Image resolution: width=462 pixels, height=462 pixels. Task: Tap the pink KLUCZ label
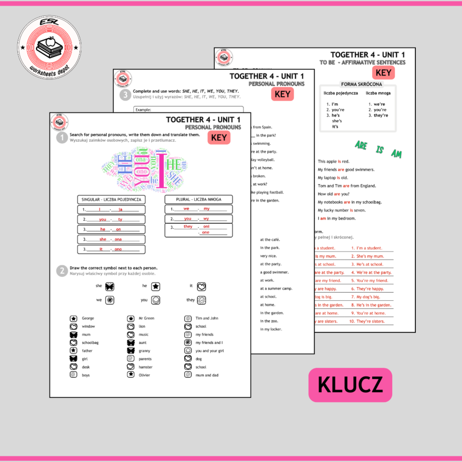(350, 384)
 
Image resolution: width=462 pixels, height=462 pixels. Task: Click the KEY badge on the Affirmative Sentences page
(383, 73)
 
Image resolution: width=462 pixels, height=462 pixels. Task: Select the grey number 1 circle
(62, 138)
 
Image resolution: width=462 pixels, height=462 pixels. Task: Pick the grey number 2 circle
(62, 271)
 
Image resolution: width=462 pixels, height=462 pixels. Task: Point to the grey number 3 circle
(125, 94)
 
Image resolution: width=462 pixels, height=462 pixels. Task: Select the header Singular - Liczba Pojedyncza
(111, 199)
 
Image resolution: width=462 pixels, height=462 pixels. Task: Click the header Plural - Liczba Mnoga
(199, 199)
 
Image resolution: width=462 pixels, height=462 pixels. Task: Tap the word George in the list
(88, 318)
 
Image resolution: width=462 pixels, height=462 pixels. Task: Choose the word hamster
(146, 367)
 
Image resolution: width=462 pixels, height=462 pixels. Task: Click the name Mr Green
(146, 318)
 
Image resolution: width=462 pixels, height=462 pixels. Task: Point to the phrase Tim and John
(207, 318)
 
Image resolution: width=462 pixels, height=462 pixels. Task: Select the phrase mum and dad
(207, 375)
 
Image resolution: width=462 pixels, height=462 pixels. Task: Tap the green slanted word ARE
(361, 145)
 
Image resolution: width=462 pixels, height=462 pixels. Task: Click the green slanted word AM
(396, 153)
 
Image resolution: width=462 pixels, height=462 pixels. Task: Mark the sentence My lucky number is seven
(341, 210)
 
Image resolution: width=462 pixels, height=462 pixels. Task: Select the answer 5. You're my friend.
(370, 281)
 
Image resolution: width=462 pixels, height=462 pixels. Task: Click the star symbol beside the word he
(156, 286)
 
